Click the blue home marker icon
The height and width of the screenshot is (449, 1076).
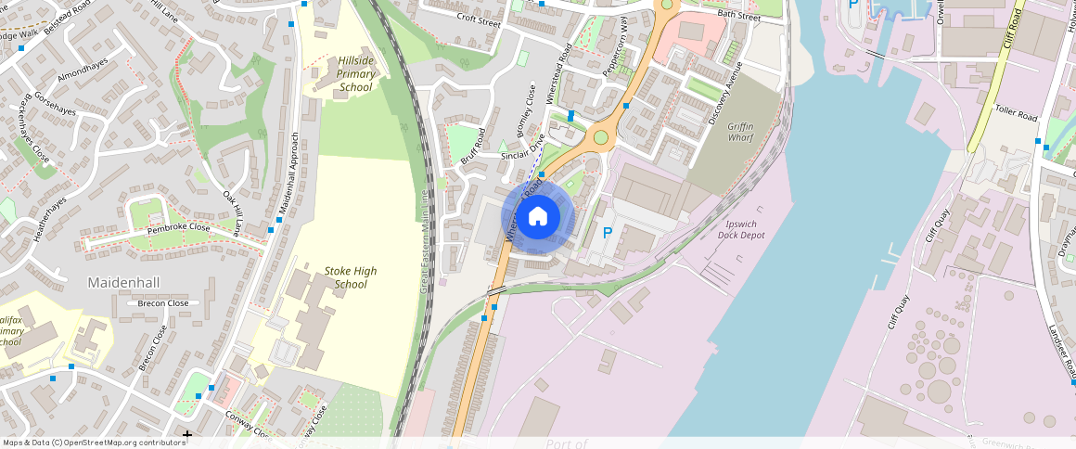coord(538,218)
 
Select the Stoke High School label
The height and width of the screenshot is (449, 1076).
coord(351,277)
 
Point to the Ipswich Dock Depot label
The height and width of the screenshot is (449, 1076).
coord(741,229)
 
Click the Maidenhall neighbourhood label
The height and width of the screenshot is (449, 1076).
coord(124,281)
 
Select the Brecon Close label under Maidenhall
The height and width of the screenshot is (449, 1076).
coord(162,303)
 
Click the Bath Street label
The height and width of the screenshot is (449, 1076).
coord(738,16)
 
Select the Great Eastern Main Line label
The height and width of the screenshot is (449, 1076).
coord(423,242)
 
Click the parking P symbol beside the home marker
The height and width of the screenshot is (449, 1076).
coord(608,233)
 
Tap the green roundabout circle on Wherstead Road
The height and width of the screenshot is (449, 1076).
coord(601,138)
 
